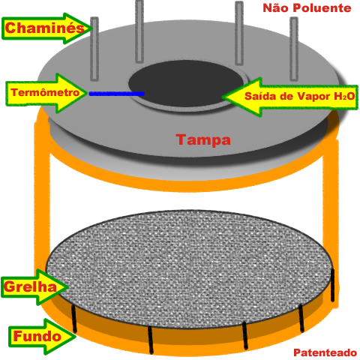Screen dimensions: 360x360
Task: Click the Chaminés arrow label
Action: tap(46, 28)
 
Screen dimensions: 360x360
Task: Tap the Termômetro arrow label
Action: tap(46, 93)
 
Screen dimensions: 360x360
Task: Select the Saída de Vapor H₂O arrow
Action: tap(290, 97)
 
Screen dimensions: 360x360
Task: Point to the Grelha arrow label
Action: tap(34, 287)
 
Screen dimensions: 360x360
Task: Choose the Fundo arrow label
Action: tap(42, 337)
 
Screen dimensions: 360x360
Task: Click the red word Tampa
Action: tap(203, 140)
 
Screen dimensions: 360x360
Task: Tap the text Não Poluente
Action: tap(307, 8)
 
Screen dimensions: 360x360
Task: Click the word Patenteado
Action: tap(325, 352)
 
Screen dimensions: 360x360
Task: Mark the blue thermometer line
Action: tap(117, 94)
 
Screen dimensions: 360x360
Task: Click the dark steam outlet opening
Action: tap(186, 84)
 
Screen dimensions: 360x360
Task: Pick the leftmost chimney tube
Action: tap(94, 49)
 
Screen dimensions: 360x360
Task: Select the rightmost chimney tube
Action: tap(294, 49)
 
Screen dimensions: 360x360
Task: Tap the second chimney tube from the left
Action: tap(139, 31)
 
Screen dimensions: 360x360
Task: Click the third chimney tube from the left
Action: tap(239, 33)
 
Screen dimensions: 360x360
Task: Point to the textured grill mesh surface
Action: tap(190, 268)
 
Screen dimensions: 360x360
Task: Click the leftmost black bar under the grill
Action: tap(73, 319)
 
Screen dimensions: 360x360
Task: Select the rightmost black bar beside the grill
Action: tap(332, 285)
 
